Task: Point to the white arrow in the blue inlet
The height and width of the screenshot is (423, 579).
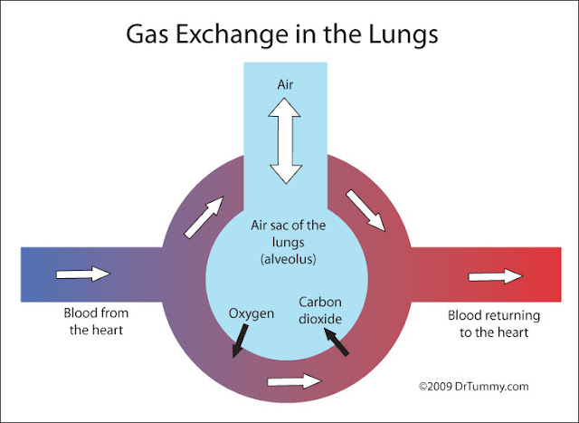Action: [x=84, y=274]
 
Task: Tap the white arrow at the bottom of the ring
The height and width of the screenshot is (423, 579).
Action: [x=295, y=381]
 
